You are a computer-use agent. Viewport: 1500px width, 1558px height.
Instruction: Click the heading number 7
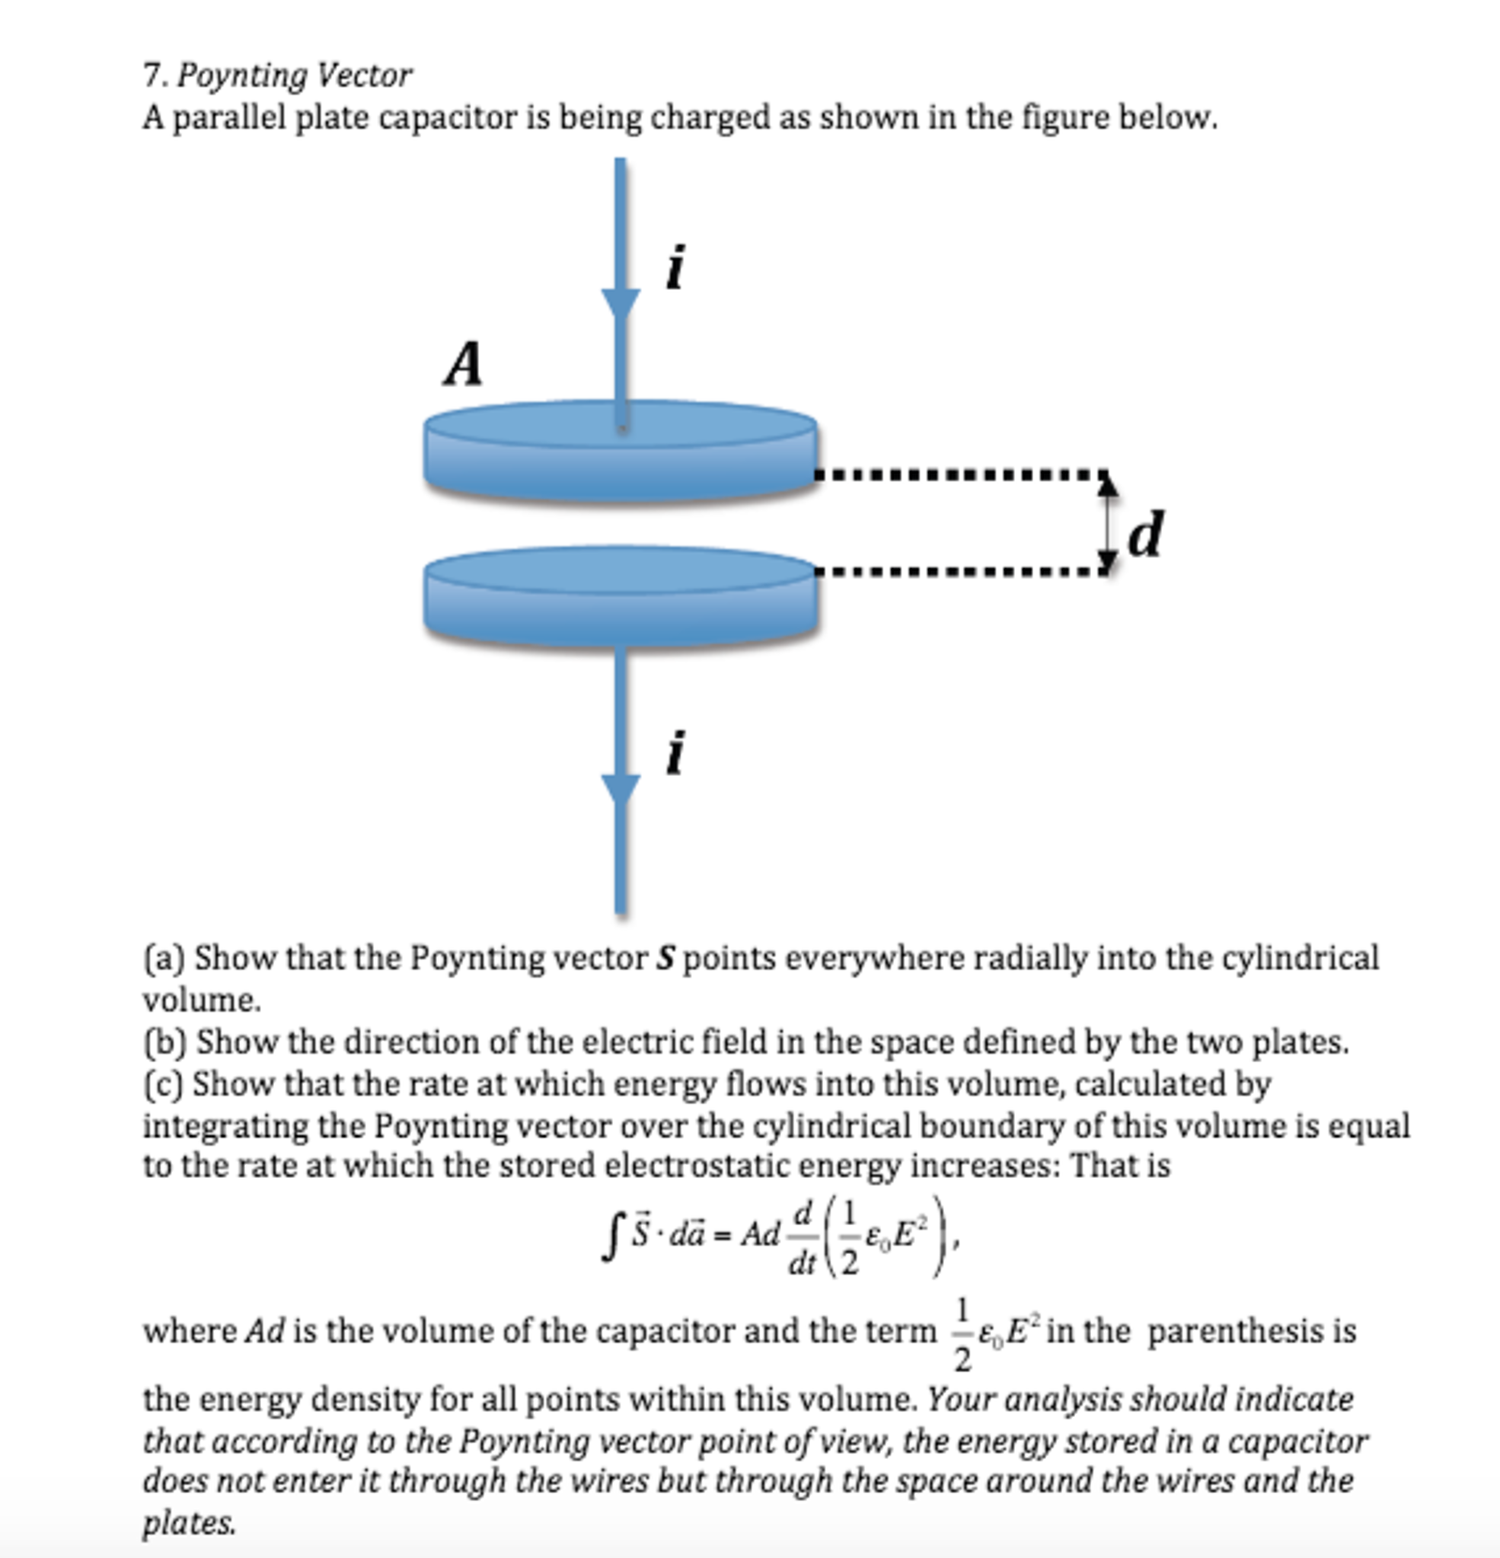pos(152,75)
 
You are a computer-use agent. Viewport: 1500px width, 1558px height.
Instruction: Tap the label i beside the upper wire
pos(675,267)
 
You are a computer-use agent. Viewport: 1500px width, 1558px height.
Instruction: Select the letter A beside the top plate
pos(464,364)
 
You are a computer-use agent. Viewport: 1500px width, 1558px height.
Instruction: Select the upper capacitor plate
pos(621,452)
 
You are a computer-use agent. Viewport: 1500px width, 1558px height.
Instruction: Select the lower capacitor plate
pos(621,596)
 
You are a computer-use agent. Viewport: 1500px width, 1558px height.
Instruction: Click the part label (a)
pos(164,958)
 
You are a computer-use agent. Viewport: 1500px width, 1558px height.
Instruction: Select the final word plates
pos(188,1523)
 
